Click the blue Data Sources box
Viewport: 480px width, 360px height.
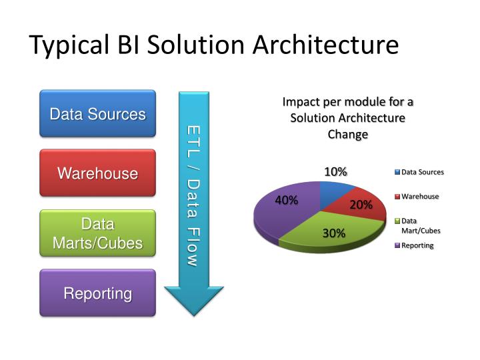[97, 114]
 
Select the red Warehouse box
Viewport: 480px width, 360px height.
[97, 173]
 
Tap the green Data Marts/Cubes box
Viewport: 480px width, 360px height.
[97, 233]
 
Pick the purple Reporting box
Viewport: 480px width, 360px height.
[97, 293]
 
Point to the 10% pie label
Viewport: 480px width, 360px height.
[335, 172]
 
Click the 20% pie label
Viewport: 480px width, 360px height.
[361, 205]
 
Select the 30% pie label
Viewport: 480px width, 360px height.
[334, 233]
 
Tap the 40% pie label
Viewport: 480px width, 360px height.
[286, 200]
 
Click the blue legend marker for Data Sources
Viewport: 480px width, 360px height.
[397, 172]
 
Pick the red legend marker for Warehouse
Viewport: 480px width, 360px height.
[397, 197]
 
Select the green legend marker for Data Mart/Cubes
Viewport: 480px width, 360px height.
[397, 221]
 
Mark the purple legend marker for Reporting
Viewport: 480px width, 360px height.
[397, 245]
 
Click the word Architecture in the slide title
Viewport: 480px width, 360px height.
[326, 45]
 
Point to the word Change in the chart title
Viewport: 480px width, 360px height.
[347, 134]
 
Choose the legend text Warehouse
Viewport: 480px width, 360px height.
[420, 197]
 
